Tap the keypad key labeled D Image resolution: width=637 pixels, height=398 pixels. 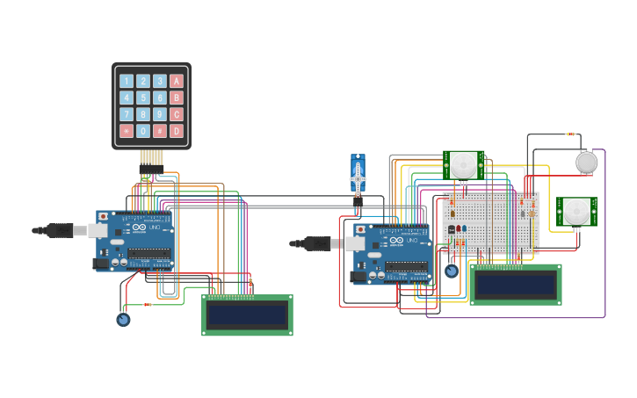coord(177,131)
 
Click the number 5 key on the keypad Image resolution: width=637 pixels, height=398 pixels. coord(143,98)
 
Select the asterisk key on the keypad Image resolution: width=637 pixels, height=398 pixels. coord(127,131)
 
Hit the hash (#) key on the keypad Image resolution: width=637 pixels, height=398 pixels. coord(160,131)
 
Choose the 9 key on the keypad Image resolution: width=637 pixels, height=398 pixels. coord(160,114)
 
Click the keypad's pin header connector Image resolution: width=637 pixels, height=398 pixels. coord(151,158)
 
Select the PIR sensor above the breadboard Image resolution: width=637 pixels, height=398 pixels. coord(463,164)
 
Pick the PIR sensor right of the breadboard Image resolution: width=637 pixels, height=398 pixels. coord(575,212)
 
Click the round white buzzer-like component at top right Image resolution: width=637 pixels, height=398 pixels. coord(586,162)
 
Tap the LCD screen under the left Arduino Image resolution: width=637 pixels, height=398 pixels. coord(247,315)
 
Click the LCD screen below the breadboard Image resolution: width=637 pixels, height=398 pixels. coord(515,284)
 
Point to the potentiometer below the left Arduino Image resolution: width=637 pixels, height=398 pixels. coord(123,319)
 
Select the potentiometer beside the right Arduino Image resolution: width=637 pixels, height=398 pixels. coord(451,271)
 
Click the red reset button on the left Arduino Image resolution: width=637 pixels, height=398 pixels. coord(104,216)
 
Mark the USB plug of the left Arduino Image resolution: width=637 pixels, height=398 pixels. coord(60,230)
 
